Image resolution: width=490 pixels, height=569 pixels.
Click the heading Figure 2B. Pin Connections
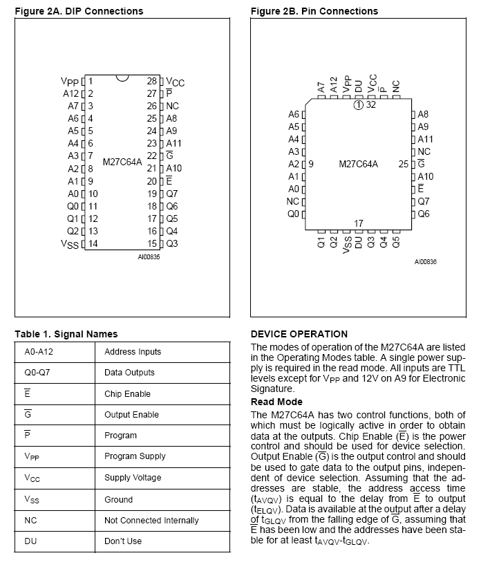[314, 11]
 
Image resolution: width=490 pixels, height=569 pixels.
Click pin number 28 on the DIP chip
[152, 81]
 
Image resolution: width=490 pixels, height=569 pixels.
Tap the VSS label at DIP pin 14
[70, 244]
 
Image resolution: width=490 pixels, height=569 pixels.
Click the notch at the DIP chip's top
[122, 77]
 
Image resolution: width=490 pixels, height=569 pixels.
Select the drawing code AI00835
[149, 256]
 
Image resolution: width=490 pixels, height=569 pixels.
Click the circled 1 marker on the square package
[358, 105]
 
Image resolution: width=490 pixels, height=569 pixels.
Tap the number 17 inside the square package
[359, 223]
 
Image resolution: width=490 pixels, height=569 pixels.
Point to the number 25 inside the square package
[404, 164]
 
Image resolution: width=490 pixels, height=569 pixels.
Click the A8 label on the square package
[424, 114]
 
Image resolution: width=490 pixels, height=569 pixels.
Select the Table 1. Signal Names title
[66, 334]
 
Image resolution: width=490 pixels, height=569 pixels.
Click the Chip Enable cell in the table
[127, 393]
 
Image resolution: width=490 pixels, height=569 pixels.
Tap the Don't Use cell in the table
[123, 541]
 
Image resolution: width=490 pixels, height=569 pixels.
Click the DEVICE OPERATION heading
[299, 334]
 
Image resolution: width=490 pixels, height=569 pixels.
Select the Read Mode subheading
[276, 402]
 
